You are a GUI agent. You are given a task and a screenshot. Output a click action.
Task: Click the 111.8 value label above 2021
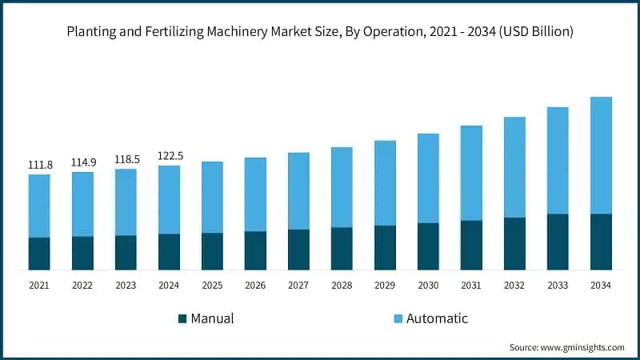coord(39,165)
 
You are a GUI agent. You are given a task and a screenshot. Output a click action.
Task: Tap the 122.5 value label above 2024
coord(169,156)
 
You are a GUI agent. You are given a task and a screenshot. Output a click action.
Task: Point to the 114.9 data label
coord(82,162)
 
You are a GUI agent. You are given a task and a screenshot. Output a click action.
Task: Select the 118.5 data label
coord(126,159)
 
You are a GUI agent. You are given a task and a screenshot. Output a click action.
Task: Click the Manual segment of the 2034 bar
coord(601,242)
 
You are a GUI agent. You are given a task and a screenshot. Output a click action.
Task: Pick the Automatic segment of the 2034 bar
coord(601,155)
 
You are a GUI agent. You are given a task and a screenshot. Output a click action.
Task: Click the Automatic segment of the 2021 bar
coord(39,206)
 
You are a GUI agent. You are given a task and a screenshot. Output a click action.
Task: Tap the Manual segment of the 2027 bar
coord(298,250)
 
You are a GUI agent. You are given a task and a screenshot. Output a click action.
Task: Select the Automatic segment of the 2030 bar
coord(428,178)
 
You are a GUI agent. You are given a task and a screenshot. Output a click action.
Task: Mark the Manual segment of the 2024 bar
coord(169,252)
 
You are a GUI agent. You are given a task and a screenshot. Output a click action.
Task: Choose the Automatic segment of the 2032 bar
coord(514,167)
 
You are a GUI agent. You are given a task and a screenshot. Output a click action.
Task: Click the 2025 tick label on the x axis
coord(212,286)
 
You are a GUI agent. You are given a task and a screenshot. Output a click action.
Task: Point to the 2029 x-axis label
coord(385,286)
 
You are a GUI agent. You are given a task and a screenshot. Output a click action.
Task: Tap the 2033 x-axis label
coord(558,286)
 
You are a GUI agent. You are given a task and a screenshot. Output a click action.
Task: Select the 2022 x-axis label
coord(82,286)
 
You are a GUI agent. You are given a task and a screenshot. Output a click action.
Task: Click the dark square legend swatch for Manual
coord(182,318)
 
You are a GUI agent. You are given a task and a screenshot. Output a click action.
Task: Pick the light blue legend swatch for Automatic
coord(398,318)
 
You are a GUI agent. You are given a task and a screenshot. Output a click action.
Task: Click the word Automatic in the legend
coord(437,318)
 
